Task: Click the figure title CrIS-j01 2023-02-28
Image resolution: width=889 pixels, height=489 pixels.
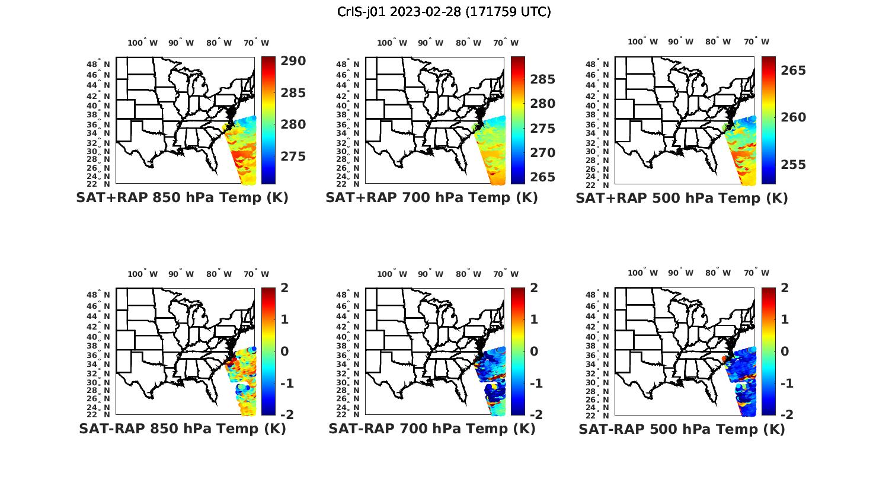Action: pos(444,12)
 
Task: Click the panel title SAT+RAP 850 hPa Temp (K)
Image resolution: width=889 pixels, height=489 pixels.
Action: pos(182,197)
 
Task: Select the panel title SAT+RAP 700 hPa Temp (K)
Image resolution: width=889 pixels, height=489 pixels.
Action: pos(431,197)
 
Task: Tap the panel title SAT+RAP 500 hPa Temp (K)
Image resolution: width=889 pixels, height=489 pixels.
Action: pos(682,198)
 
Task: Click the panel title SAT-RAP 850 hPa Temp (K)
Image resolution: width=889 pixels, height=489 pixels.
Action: pos(182,429)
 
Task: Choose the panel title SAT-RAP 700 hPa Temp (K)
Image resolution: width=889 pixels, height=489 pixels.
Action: pos(431,429)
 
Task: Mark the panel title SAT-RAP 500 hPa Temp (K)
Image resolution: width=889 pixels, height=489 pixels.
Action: pos(682,429)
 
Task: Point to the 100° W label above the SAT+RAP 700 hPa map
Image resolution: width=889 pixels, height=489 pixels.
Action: pos(392,43)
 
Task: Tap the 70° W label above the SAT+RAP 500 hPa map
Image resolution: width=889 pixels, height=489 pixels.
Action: pos(756,41)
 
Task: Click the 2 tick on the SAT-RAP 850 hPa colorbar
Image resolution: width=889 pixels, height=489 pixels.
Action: pos(284,288)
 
